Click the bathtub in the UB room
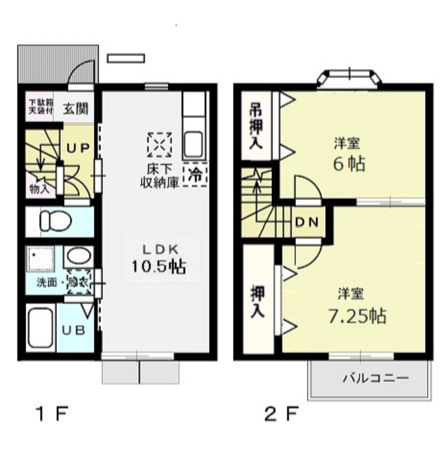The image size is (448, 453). pos(40,328)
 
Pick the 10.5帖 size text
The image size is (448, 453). pos(159,267)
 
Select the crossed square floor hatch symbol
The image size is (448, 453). pos(159,144)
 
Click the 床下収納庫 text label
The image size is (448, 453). pos(159,175)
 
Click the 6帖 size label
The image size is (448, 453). pos(348,164)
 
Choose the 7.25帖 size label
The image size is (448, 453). pos(351,315)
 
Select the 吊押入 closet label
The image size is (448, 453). pos(255,125)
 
